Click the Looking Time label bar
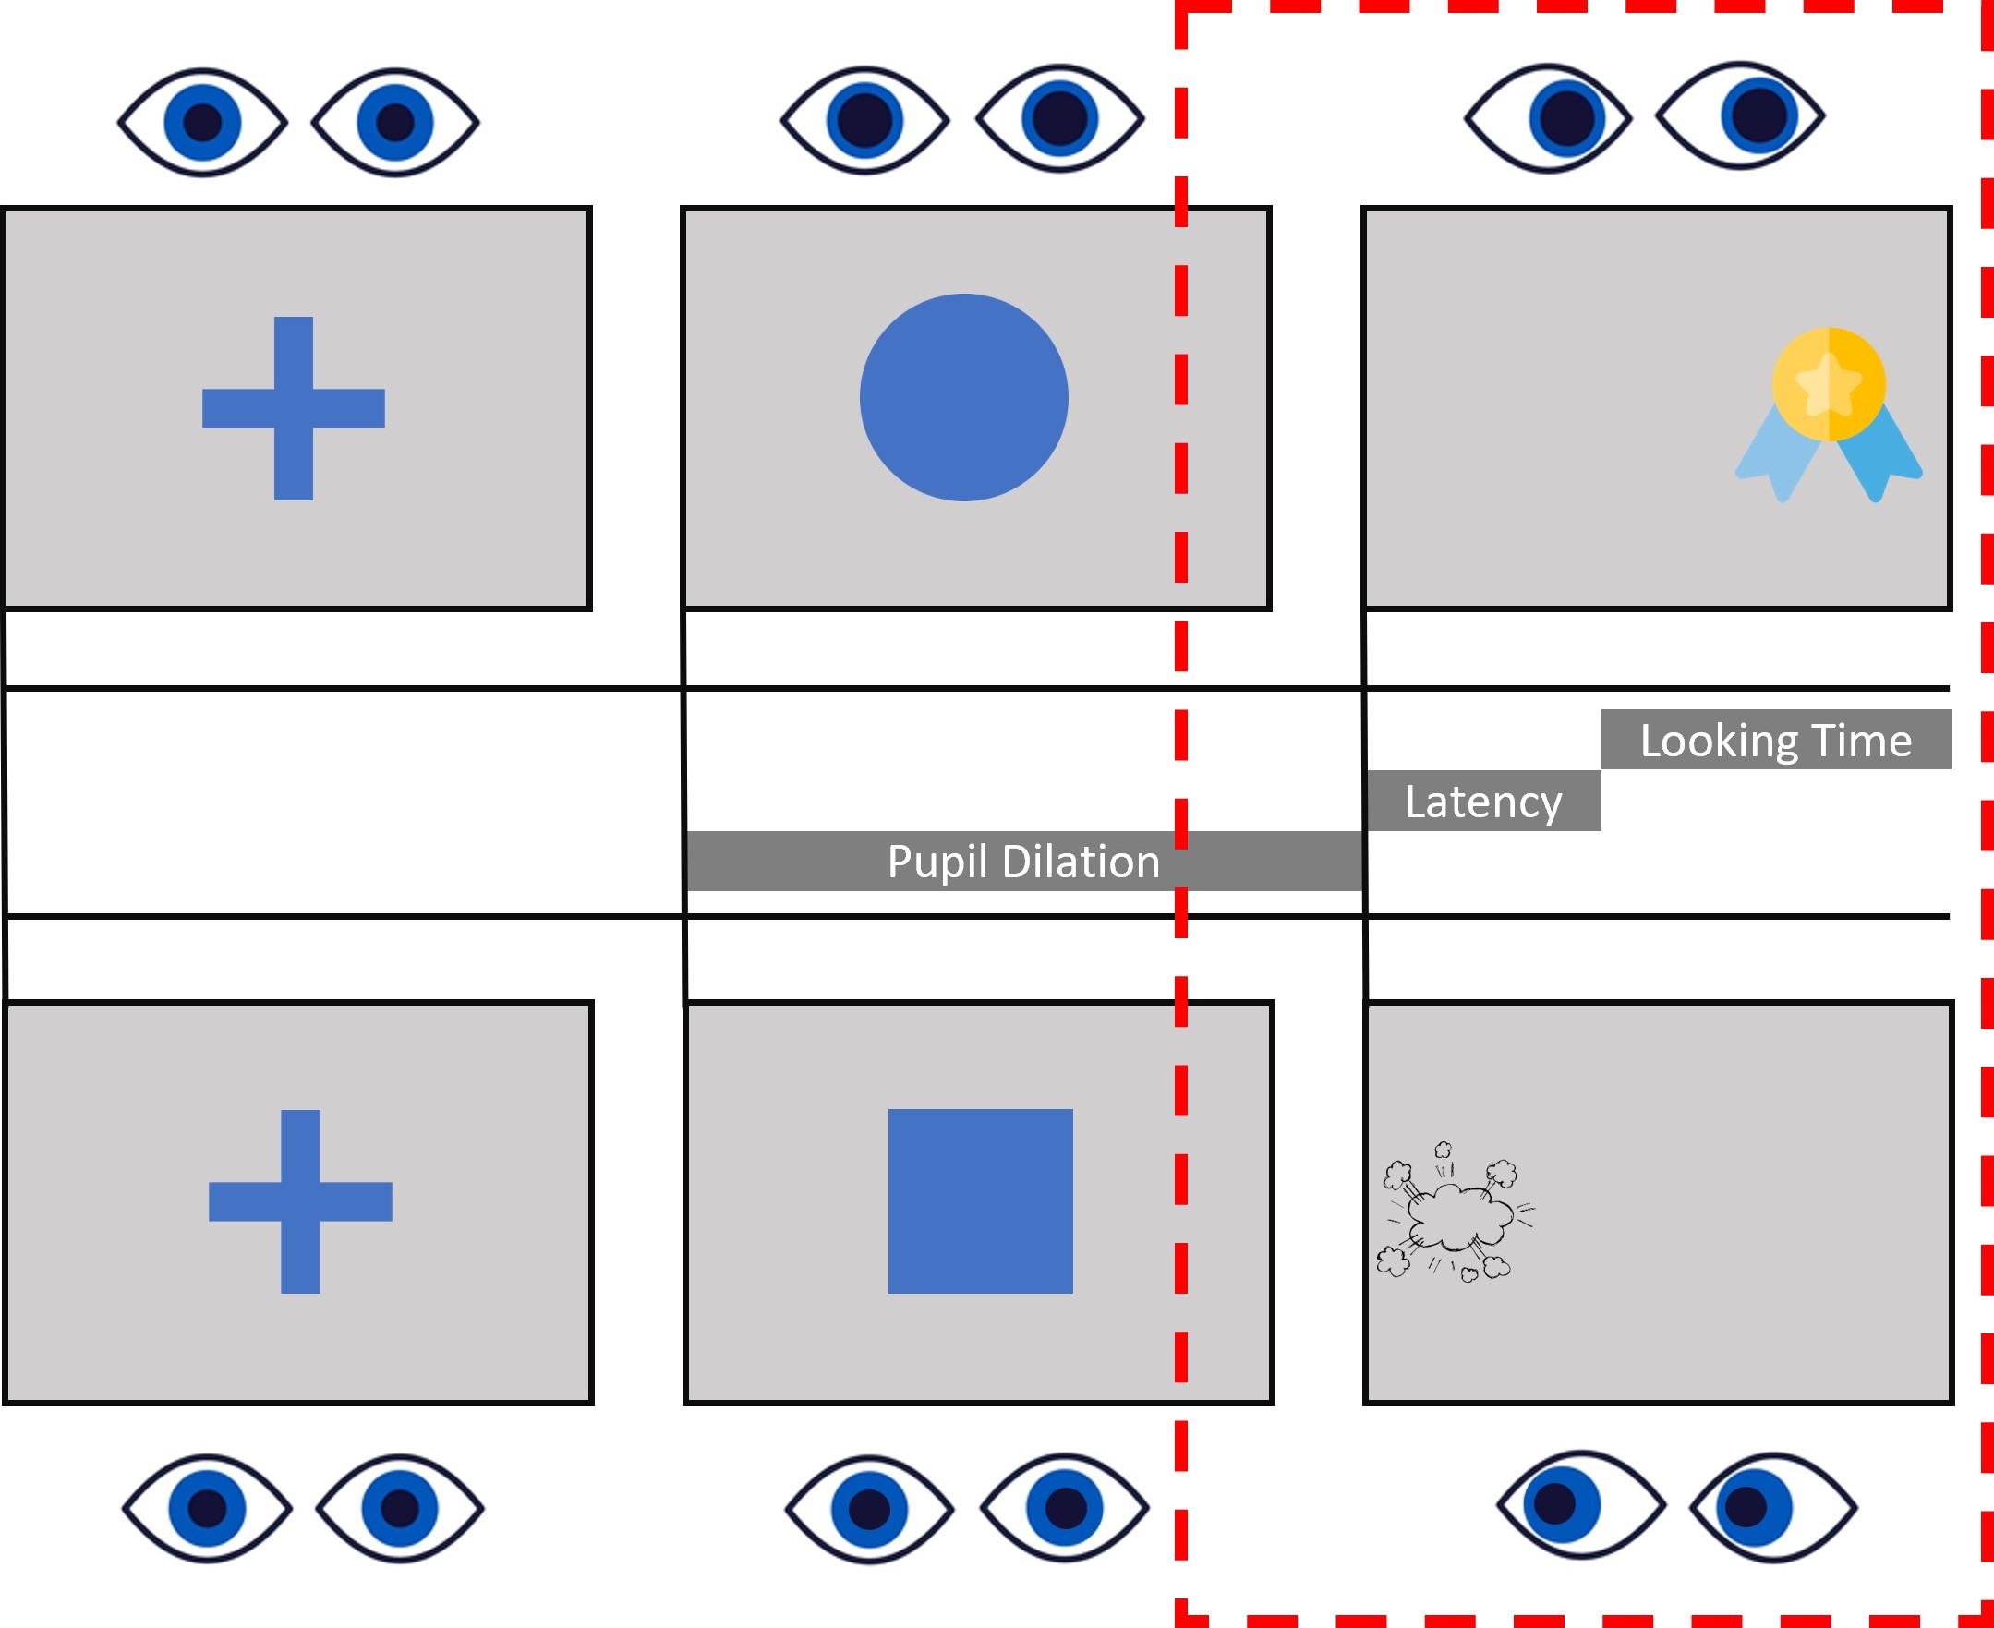pyautogui.click(x=1776, y=739)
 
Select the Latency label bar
pyautogui.click(x=1484, y=800)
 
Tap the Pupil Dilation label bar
pyautogui.click(x=1024, y=861)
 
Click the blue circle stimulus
pyautogui.click(x=964, y=398)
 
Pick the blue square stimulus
pyautogui.click(x=980, y=1201)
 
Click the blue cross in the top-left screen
pyautogui.click(x=294, y=408)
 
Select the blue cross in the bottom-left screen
pyautogui.click(x=300, y=1201)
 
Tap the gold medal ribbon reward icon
pyautogui.click(x=1829, y=415)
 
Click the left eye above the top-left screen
pyautogui.click(x=202, y=122)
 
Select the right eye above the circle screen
pyautogui.click(x=1060, y=119)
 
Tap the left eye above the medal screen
pyautogui.click(x=1549, y=118)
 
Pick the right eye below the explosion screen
pyautogui.click(x=1773, y=1508)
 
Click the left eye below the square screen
pyautogui.click(x=869, y=1510)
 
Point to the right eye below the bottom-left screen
pyautogui.click(x=401, y=1509)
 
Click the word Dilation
pyautogui.click(x=1081, y=861)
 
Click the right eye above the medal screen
pyautogui.click(x=1741, y=116)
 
